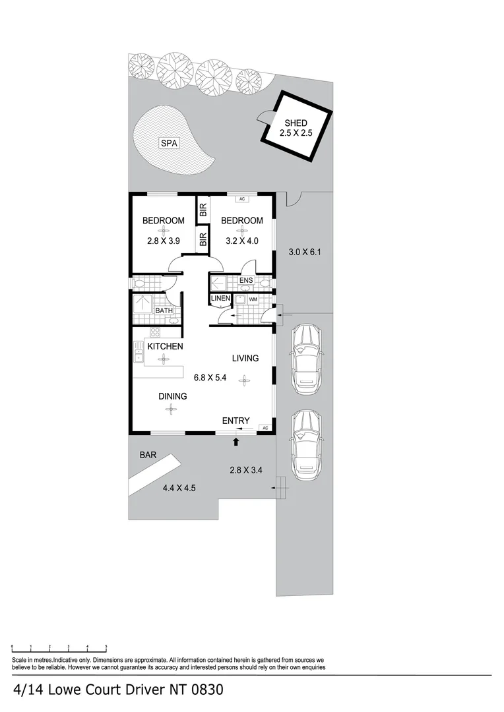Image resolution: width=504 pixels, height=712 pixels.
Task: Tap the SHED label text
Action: [296, 123]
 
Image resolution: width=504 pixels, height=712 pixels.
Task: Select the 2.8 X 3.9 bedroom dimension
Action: [164, 241]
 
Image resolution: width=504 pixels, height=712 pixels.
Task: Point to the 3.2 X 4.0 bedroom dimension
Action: [242, 241]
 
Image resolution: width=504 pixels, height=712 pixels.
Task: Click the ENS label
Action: [246, 281]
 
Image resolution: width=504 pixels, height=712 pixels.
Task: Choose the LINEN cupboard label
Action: [220, 299]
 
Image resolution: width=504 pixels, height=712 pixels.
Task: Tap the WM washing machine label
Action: [253, 299]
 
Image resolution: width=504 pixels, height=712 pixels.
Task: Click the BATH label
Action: [164, 311]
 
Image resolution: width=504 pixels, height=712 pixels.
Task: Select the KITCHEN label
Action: [165, 346]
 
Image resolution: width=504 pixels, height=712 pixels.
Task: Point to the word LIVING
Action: [245, 358]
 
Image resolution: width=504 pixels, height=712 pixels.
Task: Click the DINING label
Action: [172, 396]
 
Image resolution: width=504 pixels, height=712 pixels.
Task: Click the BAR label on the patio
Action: [147, 455]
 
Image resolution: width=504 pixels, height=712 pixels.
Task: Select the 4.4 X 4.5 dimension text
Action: [179, 488]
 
